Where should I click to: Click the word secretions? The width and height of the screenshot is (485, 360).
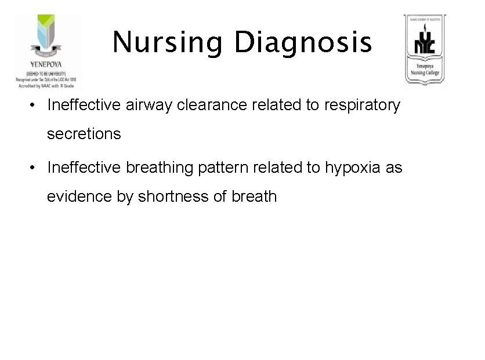84,134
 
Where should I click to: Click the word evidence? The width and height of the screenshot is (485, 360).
78,197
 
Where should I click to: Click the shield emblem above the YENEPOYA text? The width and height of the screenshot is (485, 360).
46,36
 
